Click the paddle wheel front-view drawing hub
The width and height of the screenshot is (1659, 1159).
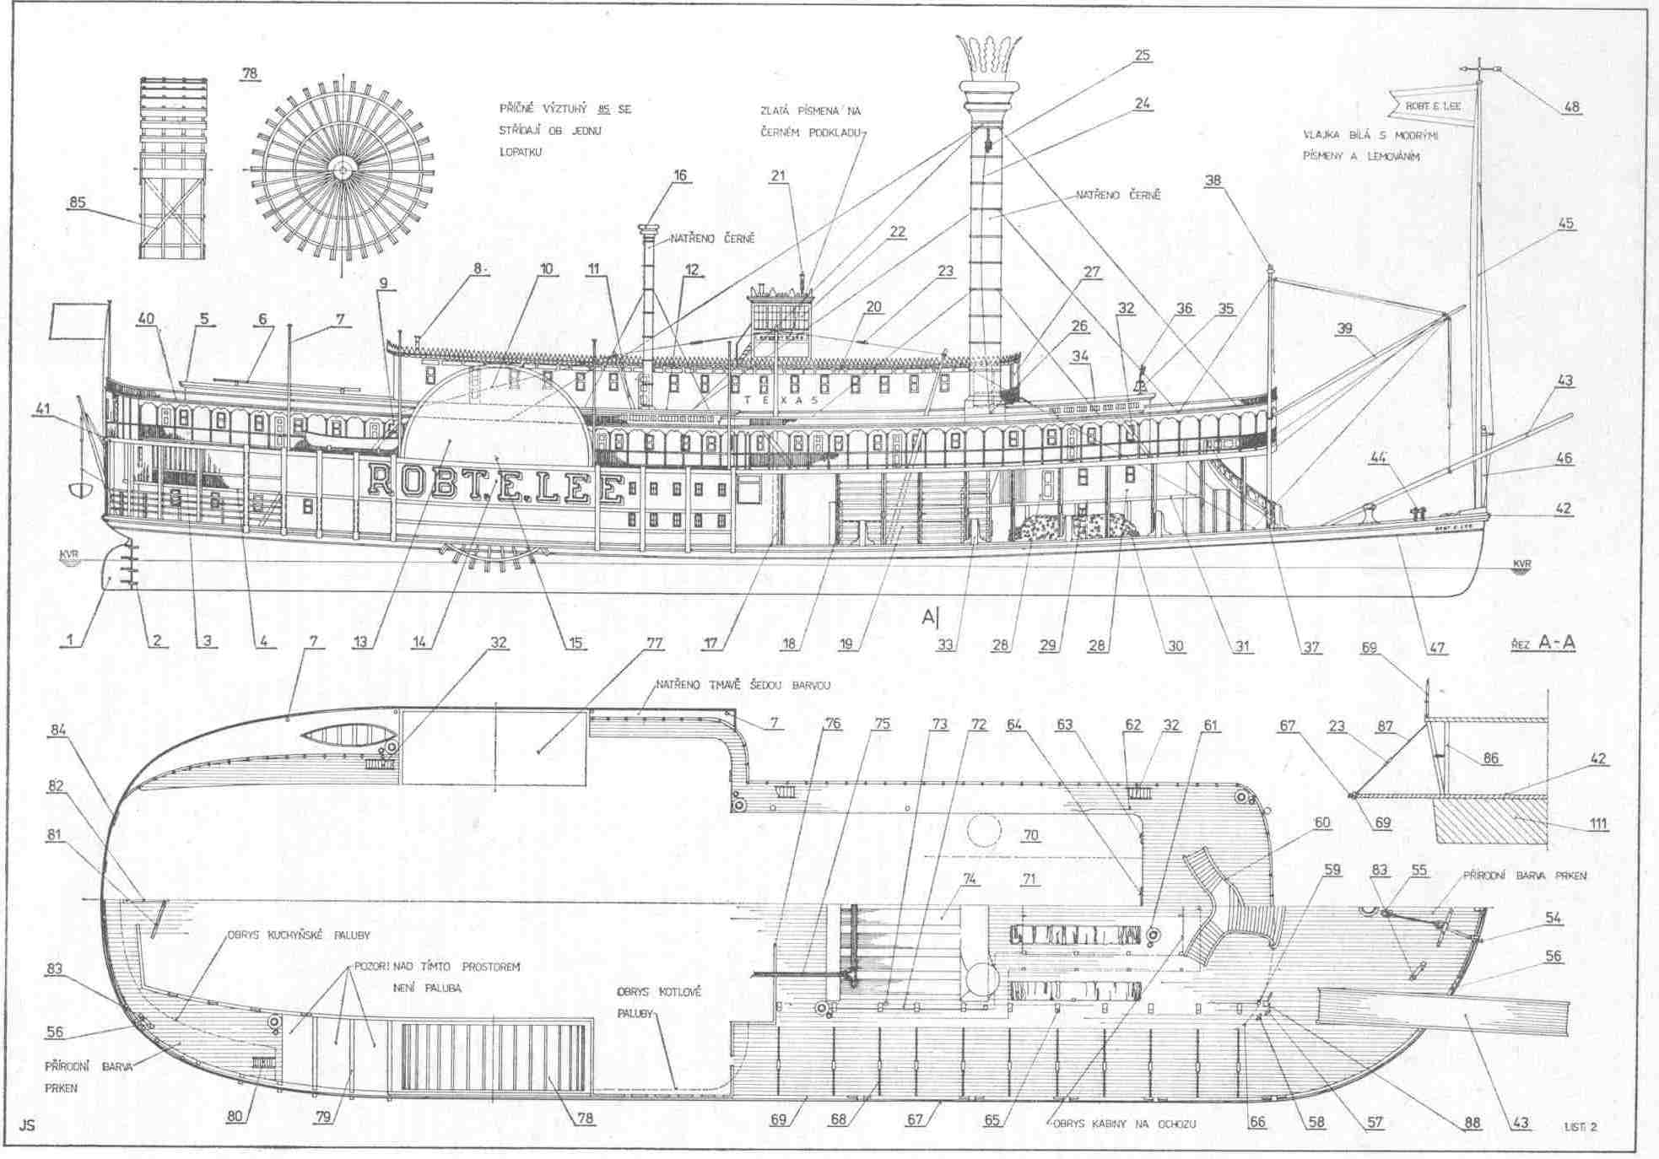pos(342,170)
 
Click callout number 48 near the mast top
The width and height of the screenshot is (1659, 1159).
pos(1571,107)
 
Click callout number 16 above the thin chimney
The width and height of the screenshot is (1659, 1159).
pos(680,175)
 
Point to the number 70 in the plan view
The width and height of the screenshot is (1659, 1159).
pos(1030,835)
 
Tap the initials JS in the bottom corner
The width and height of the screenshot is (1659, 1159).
pos(27,1124)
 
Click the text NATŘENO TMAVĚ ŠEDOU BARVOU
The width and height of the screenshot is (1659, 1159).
pos(743,685)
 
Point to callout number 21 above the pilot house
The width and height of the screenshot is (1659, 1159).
pos(777,176)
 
